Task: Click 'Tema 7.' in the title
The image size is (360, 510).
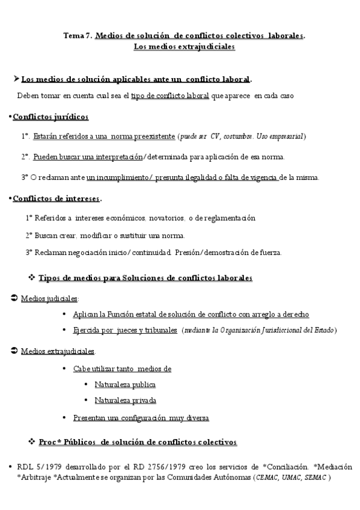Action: click(x=78, y=35)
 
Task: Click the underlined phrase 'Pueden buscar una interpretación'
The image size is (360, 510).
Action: click(x=88, y=157)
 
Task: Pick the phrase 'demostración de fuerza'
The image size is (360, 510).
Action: click(x=247, y=253)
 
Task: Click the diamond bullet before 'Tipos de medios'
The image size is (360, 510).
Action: click(x=31, y=277)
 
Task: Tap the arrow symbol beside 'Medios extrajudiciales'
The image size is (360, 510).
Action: click(x=14, y=351)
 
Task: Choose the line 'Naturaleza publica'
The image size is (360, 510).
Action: click(x=125, y=384)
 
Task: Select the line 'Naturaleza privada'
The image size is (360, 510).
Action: click(x=125, y=400)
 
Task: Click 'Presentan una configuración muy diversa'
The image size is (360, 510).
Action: click(x=141, y=418)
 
